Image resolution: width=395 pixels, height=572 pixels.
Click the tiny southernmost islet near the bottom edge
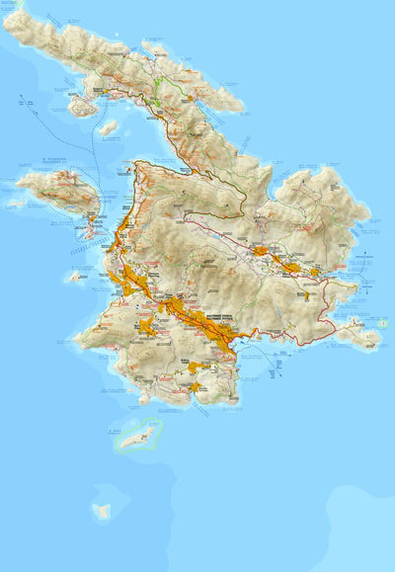click(101, 511)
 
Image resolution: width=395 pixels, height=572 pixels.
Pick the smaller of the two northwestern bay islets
click(108, 127)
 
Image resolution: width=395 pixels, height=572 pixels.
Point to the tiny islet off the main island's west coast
click(74, 278)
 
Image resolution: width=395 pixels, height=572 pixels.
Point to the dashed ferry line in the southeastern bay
click(259, 351)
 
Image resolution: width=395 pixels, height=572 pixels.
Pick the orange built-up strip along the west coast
click(118, 237)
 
